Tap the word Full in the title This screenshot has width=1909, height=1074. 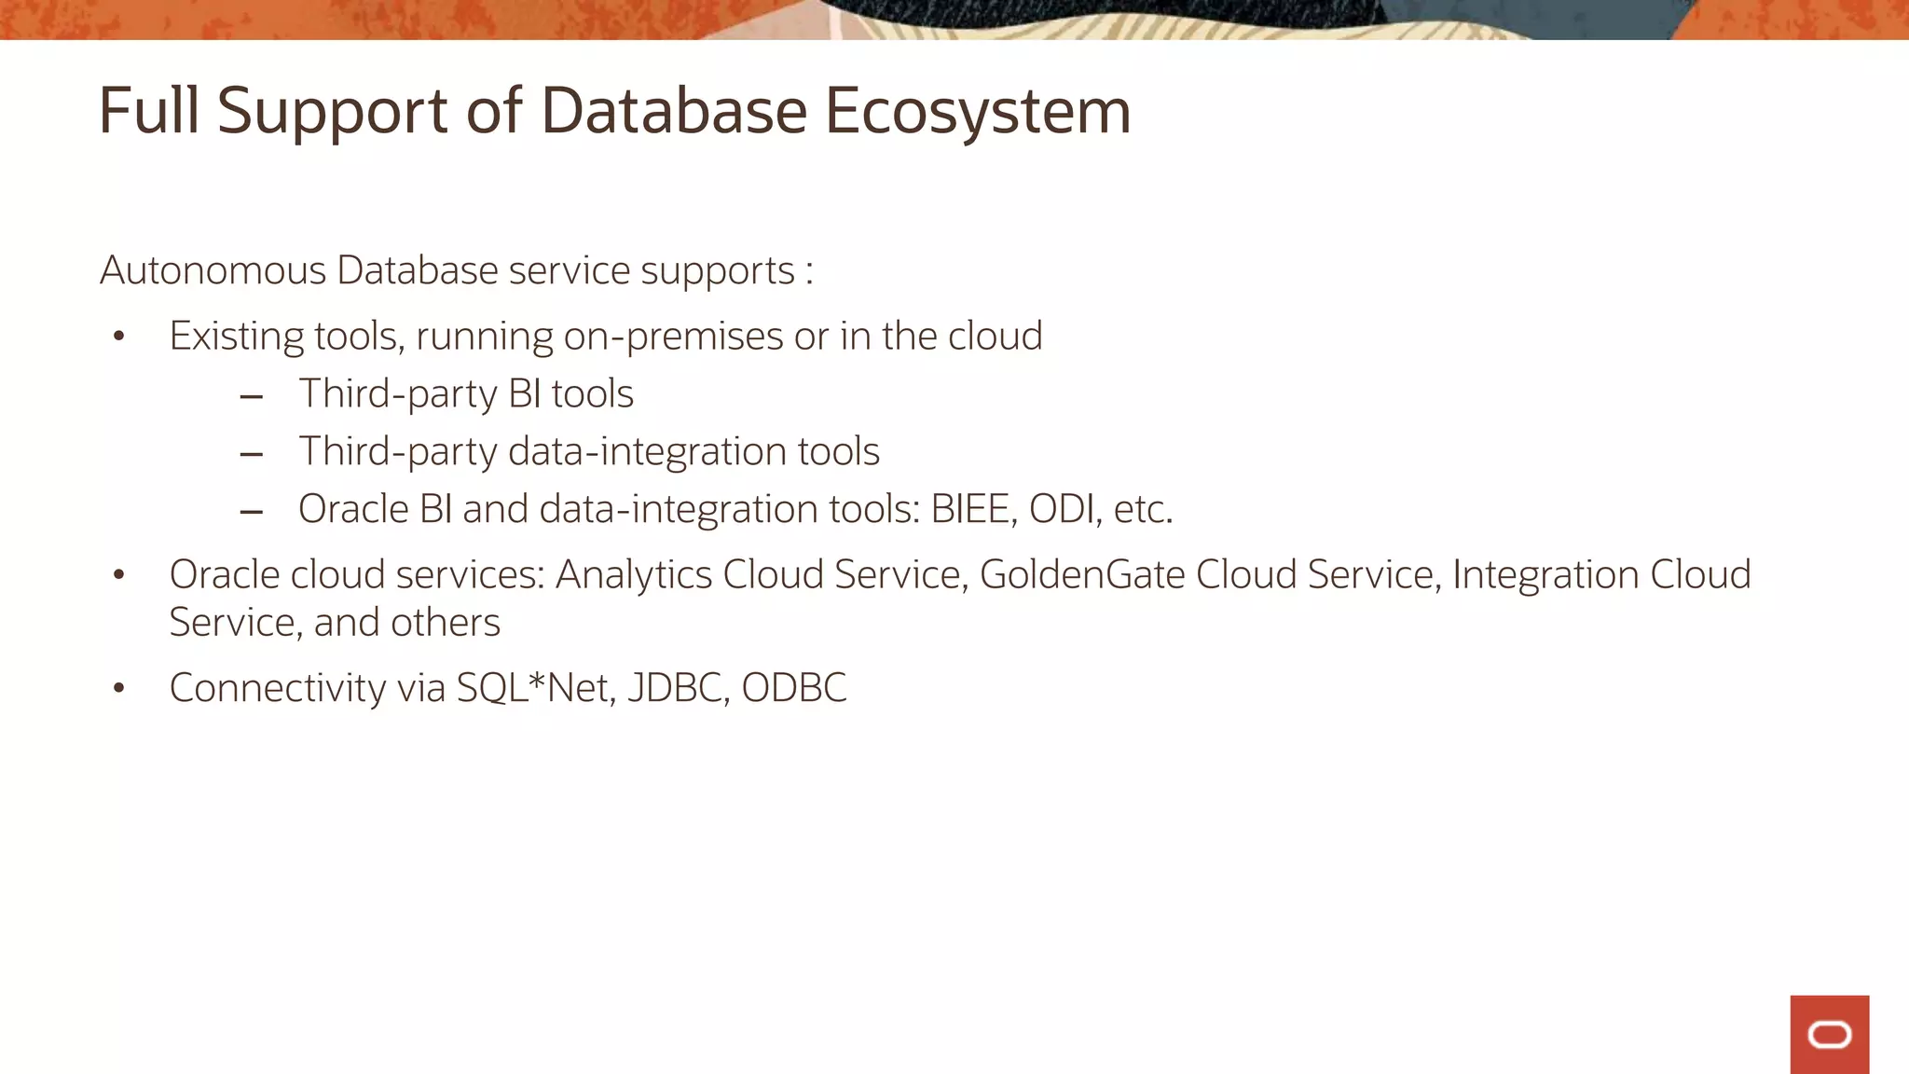click(x=148, y=111)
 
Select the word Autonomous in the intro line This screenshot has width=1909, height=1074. click(x=213, y=271)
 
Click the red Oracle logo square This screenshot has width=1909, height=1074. click(x=1829, y=1034)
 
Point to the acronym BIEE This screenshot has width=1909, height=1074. click(x=973, y=509)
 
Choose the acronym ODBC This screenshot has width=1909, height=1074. click(x=794, y=688)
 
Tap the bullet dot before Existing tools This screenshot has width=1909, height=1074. click(x=118, y=337)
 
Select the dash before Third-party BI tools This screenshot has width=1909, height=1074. click(x=251, y=397)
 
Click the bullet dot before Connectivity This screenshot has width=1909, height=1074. click(x=118, y=689)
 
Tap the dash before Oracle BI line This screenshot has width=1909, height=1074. click(x=251, y=512)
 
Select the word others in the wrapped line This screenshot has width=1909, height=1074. click(x=445, y=623)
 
